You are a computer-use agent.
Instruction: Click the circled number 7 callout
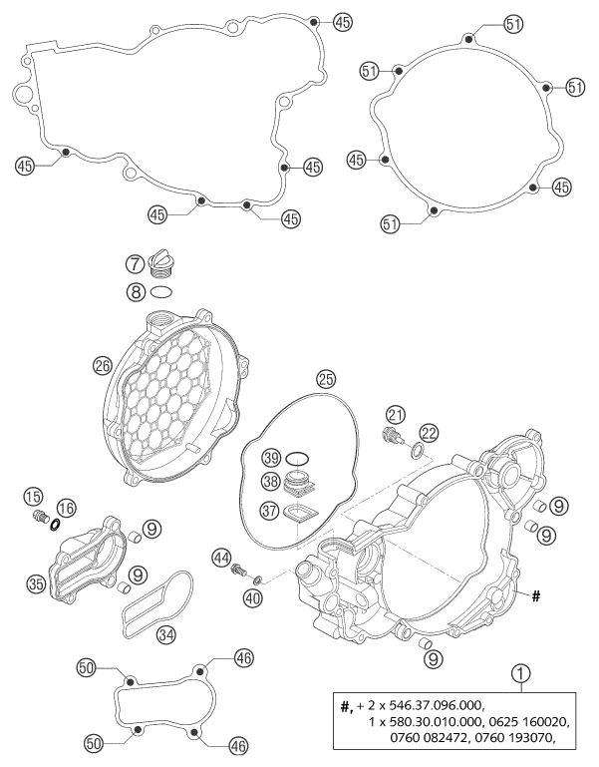coord(136,264)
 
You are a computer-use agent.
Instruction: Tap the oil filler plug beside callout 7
coord(159,263)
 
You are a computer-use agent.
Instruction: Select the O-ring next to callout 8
coord(161,292)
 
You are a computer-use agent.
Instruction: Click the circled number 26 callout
coord(104,366)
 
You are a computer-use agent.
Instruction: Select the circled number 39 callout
coord(272,459)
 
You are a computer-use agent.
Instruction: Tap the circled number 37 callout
coord(269,512)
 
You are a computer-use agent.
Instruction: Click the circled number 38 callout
coord(270,482)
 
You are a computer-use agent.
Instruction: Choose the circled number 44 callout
coord(220,558)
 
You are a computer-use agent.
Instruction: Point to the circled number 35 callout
coord(37,583)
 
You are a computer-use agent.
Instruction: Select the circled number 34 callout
coord(166,635)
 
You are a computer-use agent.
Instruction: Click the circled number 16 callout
coord(67,509)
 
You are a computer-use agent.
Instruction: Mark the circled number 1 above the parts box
coord(520,673)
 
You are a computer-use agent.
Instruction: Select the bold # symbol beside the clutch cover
coord(536,596)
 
